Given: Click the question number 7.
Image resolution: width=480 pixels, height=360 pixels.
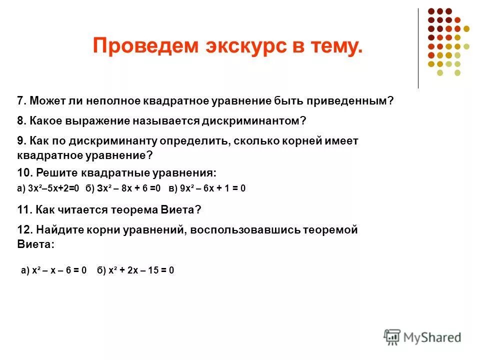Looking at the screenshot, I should [x=21, y=101].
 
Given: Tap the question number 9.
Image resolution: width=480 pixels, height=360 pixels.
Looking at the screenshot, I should [x=21, y=141].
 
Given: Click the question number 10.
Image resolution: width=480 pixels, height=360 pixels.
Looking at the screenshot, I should [x=24, y=173].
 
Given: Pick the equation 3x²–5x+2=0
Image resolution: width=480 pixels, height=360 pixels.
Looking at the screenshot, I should [x=52, y=188].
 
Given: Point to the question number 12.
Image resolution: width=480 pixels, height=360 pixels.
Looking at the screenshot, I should [x=24, y=230].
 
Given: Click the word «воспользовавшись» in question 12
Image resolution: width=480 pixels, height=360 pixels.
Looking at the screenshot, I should [x=243, y=230].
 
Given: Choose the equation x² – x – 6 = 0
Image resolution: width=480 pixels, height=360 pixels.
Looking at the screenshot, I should [x=59, y=270].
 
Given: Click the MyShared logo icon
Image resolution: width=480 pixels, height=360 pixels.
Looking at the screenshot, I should [x=392, y=336].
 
